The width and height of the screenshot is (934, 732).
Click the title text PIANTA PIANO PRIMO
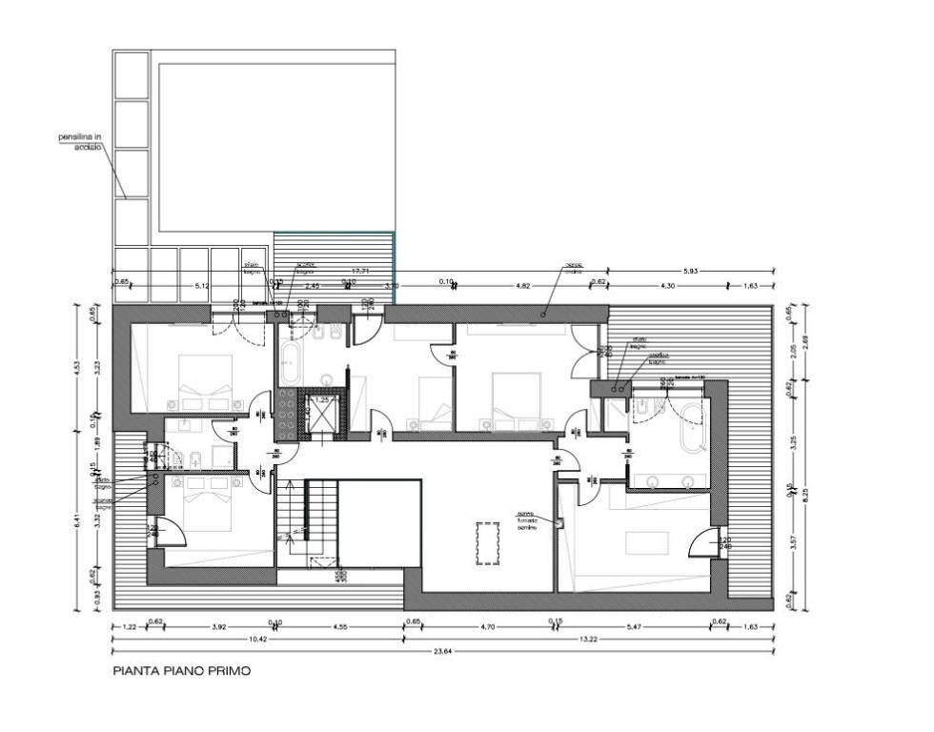tap(181, 672)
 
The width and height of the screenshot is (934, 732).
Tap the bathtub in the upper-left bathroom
tap(290, 363)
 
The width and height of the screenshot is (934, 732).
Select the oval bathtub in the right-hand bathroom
tap(692, 430)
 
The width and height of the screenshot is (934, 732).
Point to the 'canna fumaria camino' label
tap(528, 528)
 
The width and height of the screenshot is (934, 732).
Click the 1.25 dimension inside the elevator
tap(322, 400)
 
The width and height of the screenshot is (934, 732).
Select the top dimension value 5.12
tap(202, 283)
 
